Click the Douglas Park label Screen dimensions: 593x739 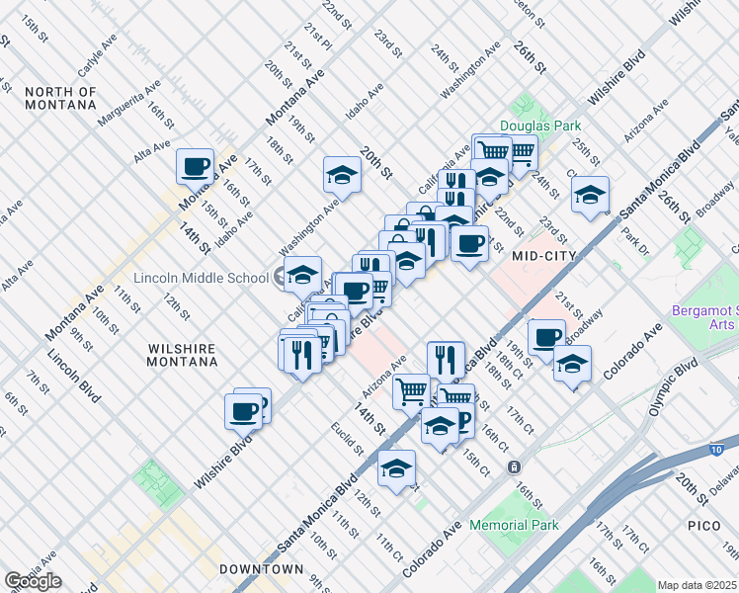click(x=539, y=126)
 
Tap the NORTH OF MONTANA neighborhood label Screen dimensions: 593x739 click(x=61, y=99)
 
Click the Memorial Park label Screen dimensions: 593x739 click(x=514, y=525)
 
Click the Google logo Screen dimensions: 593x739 click(x=33, y=581)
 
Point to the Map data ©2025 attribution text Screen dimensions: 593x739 click(x=698, y=585)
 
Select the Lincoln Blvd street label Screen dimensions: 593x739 click(x=74, y=377)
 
